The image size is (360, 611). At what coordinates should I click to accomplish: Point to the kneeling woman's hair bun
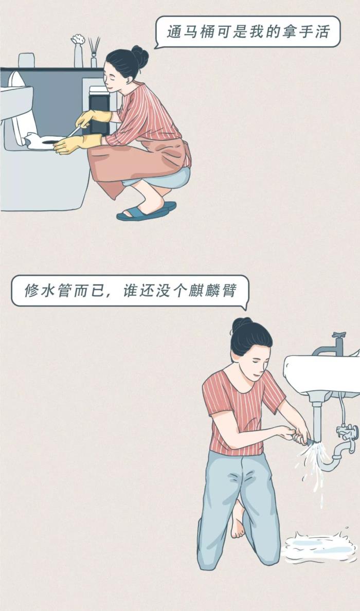pos(241,324)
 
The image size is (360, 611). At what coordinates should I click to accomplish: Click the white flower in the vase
pos(78,40)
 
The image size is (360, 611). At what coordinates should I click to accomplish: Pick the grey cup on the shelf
pos(27,60)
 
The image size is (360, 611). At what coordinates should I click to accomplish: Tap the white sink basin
pos(322,373)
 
